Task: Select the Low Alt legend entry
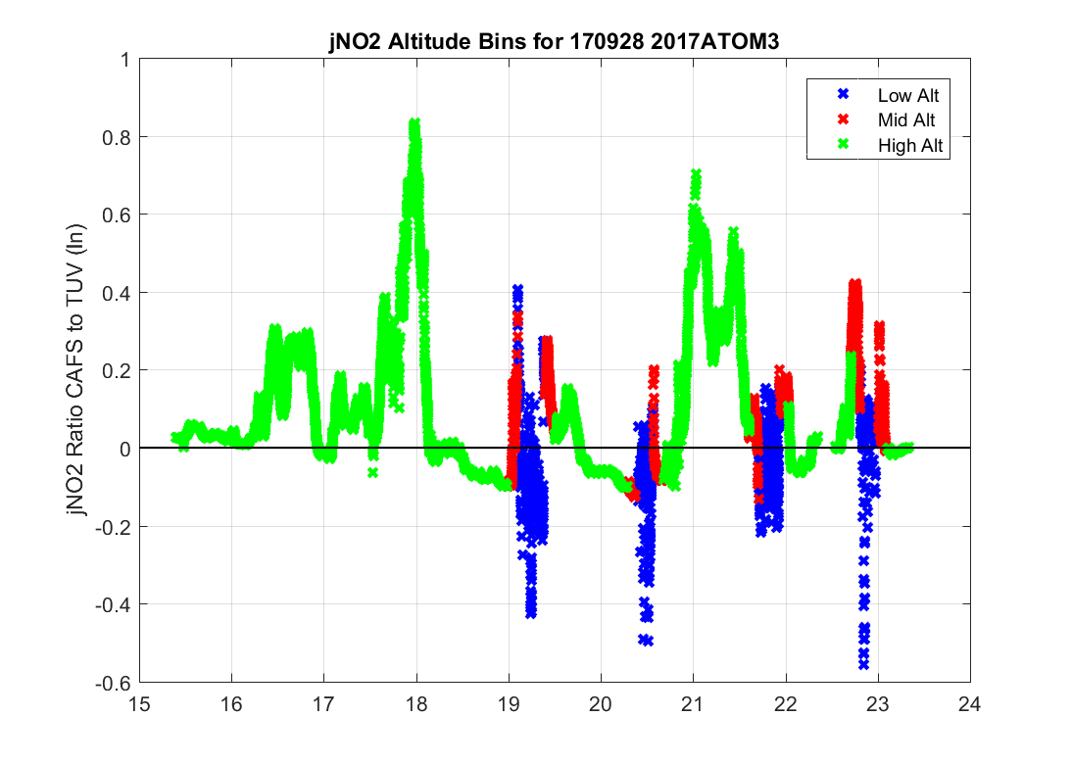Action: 901,95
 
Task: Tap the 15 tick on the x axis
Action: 139,702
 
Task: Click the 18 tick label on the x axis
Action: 416,702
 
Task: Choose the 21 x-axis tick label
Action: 694,702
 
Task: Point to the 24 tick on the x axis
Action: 970,702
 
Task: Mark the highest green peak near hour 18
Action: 415,124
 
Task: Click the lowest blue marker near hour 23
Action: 863,663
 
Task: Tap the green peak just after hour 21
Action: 696,174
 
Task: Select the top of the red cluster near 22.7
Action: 854,284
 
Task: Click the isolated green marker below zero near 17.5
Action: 373,472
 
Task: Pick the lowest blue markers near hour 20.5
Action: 646,640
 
